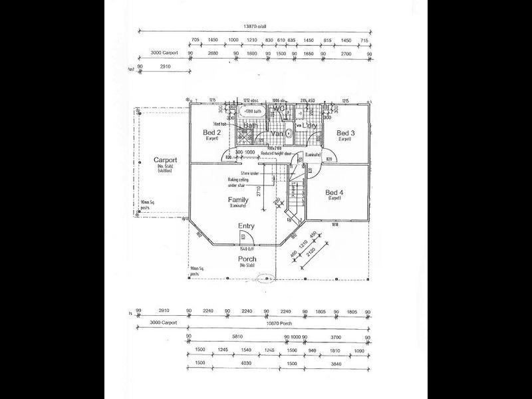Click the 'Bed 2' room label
click(x=211, y=133)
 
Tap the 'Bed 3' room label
click(x=345, y=133)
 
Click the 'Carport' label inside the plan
click(x=165, y=160)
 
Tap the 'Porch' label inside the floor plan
click(x=247, y=259)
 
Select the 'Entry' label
click(x=246, y=226)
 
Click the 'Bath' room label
click(x=251, y=125)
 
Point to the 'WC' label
click(x=279, y=108)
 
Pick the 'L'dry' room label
click(x=311, y=125)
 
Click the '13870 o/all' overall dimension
click(x=255, y=27)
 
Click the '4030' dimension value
click(x=245, y=364)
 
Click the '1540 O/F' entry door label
click(x=247, y=247)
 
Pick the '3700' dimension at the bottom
click(x=336, y=337)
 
